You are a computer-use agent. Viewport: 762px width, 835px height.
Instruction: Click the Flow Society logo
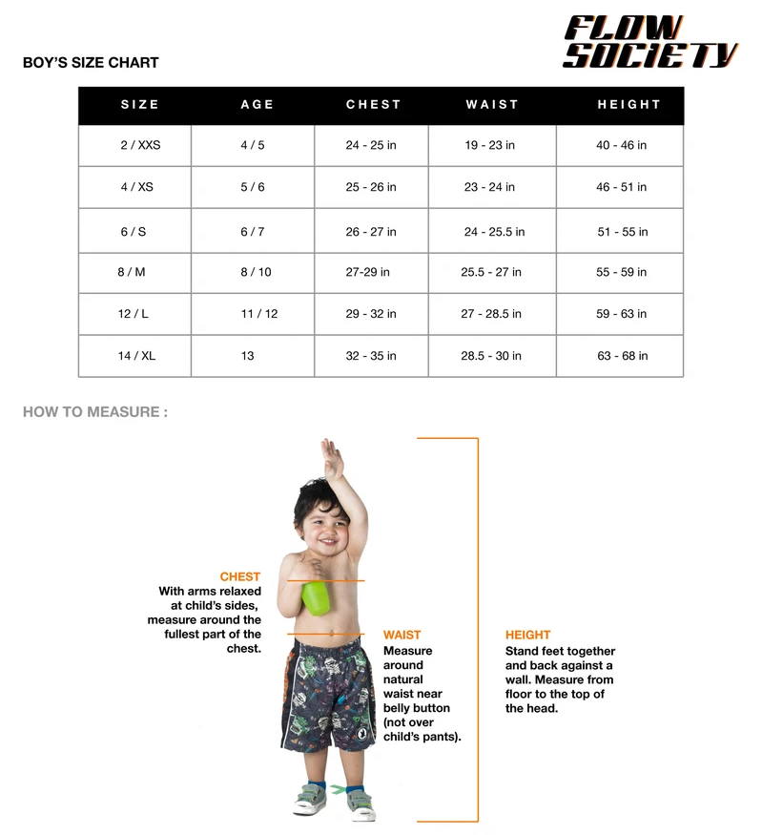(x=649, y=42)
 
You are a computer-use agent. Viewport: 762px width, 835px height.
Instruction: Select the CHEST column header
(x=373, y=105)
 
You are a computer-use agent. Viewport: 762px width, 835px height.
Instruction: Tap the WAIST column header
(x=492, y=105)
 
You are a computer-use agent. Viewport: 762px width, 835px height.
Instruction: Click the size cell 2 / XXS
(x=140, y=145)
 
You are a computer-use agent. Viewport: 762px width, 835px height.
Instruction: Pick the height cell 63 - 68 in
(x=622, y=356)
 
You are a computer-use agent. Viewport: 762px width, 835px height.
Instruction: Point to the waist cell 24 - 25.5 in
(x=494, y=232)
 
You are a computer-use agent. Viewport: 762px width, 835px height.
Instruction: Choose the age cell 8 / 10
(x=256, y=272)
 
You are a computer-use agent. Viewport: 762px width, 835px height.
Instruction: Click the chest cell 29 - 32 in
(x=371, y=314)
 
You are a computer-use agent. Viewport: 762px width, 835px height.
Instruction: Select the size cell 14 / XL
(x=136, y=356)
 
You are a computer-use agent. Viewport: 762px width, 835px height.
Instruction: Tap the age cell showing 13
(x=248, y=356)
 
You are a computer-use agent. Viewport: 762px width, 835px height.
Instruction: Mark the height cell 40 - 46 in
(x=621, y=145)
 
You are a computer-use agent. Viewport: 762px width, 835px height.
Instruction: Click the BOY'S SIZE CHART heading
(x=91, y=63)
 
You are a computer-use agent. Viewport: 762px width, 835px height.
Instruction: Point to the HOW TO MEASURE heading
(x=95, y=412)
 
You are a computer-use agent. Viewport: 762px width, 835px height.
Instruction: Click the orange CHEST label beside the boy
(x=239, y=576)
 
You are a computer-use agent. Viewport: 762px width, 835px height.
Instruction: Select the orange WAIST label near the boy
(x=402, y=635)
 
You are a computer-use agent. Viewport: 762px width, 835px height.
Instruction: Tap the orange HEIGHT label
(x=527, y=635)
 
